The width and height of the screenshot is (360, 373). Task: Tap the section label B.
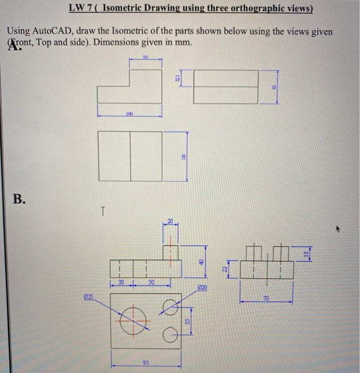pyautogui.click(x=19, y=199)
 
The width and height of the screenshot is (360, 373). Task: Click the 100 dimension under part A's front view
pyautogui.click(x=129, y=114)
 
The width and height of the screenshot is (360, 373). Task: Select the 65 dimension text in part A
pyautogui.click(x=276, y=86)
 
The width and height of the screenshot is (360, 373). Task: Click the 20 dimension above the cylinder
pyautogui.click(x=171, y=220)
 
